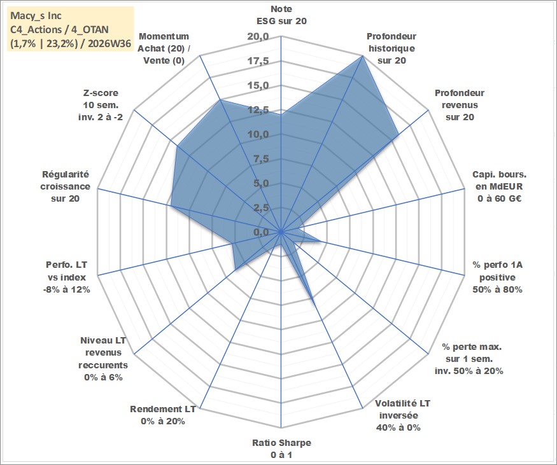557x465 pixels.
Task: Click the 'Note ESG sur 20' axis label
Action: coord(281,15)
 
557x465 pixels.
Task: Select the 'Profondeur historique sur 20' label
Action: coord(391,48)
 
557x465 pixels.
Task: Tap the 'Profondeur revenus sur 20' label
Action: coord(460,105)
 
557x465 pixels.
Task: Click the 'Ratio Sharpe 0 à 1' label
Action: coord(281,448)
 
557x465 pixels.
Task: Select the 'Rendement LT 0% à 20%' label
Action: coord(163,415)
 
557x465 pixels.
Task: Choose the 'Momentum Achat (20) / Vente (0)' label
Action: coord(164,48)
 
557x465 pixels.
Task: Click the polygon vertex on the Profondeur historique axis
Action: coord(362,56)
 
